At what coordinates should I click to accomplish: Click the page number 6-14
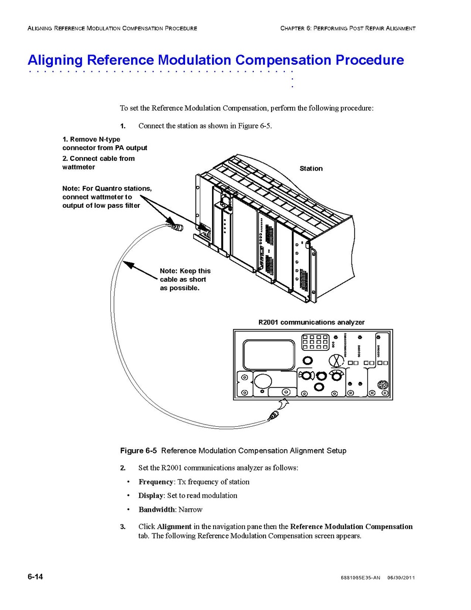[x=35, y=576]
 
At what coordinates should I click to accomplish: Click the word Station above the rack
[x=311, y=169]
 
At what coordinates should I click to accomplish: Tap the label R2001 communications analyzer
[x=311, y=322]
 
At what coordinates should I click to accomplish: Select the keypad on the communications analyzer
[x=315, y=342]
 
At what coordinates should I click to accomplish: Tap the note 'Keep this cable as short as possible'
[x=185, y=280]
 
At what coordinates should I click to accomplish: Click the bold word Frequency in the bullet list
[x=156, y=482]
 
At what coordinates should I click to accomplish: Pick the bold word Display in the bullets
[x=151, y=495]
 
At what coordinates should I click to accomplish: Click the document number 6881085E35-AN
[x=359, y=578]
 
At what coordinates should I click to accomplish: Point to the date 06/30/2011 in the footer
[x=401, y=578]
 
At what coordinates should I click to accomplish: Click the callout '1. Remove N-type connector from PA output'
[x=105, y=143]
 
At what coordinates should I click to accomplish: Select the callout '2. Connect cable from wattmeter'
[x=99, y=162]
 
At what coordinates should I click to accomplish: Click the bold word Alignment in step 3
[x=174, y=526]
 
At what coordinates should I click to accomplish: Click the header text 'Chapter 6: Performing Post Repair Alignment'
[x=347, y=28]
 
